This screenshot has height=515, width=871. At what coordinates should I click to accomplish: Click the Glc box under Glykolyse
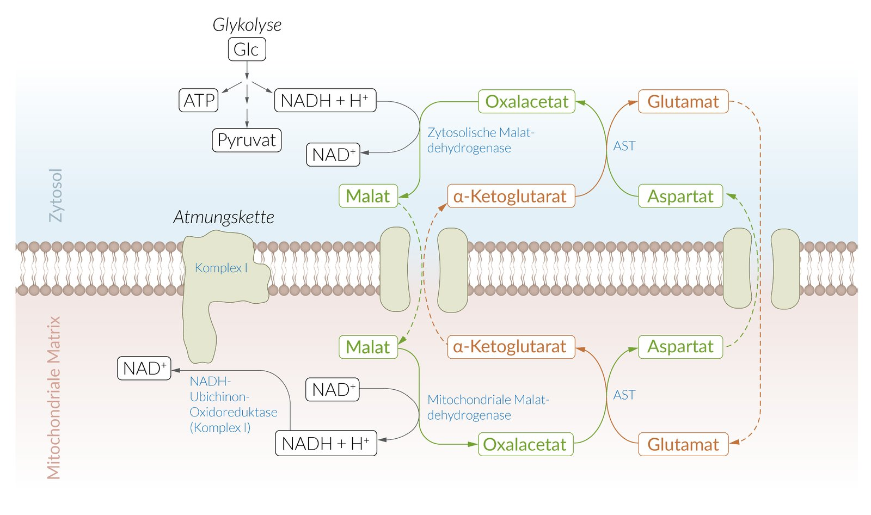pyautogui.click(x=247, y=50)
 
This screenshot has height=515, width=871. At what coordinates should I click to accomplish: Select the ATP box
pyautogui.click(x=199, y=101)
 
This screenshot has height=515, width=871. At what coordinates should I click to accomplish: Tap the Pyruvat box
pyautogui.click(x=247, y=140)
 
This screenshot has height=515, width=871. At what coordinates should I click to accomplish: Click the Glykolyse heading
pyautogui.click(x=247, y=24)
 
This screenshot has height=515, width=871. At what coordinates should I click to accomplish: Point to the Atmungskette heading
pyautogui.click(x=224, y=217)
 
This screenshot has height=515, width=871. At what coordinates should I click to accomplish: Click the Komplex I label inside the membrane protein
pyautogui.click(x=221, y=268)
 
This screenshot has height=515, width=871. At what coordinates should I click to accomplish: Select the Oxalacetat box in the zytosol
pyautogui.click(x=526, y=102)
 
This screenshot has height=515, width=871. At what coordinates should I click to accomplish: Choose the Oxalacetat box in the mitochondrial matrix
pyautogui.click(x=525, y=444)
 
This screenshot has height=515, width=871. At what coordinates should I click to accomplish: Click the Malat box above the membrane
pyautogui.click(x=368, y=196)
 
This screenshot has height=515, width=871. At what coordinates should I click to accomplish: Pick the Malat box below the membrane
pyautogui.click(x=368, y=347)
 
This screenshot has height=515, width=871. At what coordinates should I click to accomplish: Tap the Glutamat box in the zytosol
pyautogui.click(x=683, y=102)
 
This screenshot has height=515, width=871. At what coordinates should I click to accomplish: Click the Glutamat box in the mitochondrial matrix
pyautogui.click(x=683, y=444)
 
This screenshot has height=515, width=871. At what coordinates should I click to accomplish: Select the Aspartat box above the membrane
pyautogui.click(x=680, y=196)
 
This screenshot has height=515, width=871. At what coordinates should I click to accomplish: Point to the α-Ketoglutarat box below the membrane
pyautogui.click(x=511, y=347)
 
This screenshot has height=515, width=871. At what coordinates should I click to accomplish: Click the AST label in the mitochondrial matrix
pyautogui.click(x=624, y=395)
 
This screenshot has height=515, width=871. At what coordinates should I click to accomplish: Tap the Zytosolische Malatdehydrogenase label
pyautogui.click(x=480, y=140)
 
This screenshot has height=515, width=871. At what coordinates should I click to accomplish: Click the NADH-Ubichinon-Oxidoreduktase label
pyautogui.click(x=233, y=404)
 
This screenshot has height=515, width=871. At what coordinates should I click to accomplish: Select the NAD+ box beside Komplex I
pyautogui.click(x=144, y=369)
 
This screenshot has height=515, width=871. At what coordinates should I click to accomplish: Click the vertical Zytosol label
pyautogui.click(x=56, y=195)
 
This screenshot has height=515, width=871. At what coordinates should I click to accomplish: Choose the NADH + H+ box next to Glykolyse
pyautogui.click(x=325, y=101)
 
